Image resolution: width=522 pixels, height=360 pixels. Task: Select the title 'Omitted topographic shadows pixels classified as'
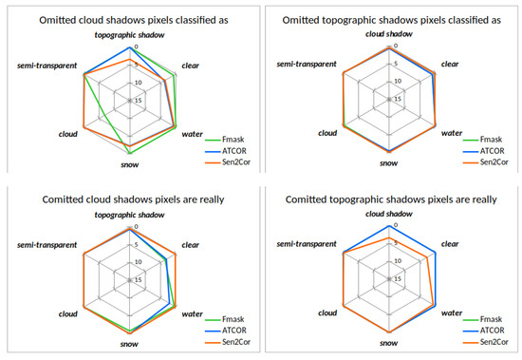point(390,19)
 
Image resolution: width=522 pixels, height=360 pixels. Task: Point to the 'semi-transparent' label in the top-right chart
point(308,64)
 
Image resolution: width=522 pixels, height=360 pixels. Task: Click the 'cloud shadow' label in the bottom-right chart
point(390,215)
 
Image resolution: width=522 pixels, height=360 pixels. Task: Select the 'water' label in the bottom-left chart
point(191,313)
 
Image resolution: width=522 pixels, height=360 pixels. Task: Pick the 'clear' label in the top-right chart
point(451,64)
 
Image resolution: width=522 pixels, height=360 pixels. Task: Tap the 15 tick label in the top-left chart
point(139,100)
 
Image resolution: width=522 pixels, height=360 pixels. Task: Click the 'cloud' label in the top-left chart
point(68,134)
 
